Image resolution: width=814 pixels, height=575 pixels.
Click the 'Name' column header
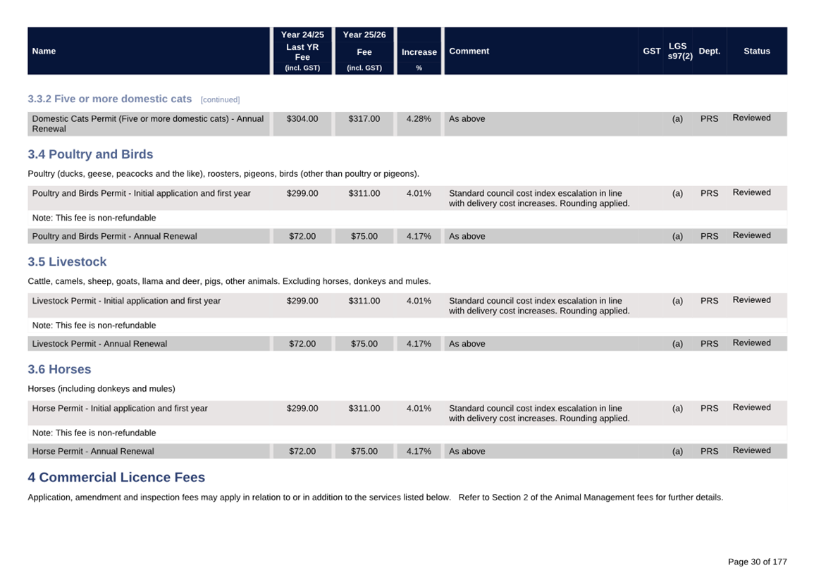(x=44, y=51)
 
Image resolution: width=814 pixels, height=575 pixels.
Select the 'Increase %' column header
(x=419, y=52)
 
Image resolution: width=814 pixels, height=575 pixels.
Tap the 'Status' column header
(x=756, y=51)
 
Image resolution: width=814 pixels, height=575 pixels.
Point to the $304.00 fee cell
(x=302, y=119)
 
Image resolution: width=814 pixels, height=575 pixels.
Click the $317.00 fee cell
(x=364, y=119)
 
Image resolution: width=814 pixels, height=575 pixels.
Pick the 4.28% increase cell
(x=419, y=119)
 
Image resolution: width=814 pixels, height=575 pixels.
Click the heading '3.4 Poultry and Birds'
(x=90, y=154)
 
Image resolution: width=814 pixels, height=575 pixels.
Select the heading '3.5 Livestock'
(x=67, y=262)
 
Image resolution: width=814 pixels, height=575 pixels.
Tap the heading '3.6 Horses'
(x=59, y=369)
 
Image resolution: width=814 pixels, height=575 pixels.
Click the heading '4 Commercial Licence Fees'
(x=116, y=477)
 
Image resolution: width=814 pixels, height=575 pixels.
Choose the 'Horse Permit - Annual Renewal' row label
(x=93, y=451)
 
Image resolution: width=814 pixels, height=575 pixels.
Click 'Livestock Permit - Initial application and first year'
(x=126, y=301)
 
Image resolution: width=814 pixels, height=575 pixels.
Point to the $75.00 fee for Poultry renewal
(x=364, y=236)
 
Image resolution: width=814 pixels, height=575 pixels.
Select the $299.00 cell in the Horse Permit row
(x=302, y=408)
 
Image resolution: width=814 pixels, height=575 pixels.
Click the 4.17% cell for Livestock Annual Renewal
(x=419, y=344)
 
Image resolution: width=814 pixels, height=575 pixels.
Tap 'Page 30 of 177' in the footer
(x=757, y=562)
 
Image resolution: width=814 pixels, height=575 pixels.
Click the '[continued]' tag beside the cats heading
(x=220, y=100)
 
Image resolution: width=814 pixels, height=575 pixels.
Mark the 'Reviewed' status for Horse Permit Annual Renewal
(x=751, y=450)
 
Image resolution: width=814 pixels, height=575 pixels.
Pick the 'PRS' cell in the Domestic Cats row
(x=709, y=119)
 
